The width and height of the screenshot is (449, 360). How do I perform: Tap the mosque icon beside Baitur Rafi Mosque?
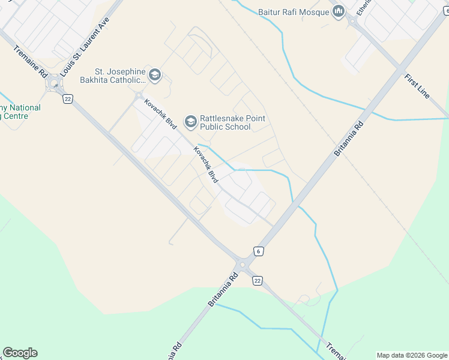pyautogui.click(x=338, y=12)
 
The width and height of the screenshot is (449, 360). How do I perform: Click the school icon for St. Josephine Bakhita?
pyautogui.click(x=155, y=75)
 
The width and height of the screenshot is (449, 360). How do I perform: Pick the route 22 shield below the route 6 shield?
pyautogui.click(x=258, y=280)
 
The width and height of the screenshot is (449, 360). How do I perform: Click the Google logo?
pyautogui.click(x=20, y=353)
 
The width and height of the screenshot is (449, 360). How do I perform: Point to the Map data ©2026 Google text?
pyautogui.click(x=412, y=355)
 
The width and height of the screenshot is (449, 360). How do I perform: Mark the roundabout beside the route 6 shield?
pyautogui.click(x=243, y=265)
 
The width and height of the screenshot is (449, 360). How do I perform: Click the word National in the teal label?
pyautogui.click(x=25, y=108)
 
